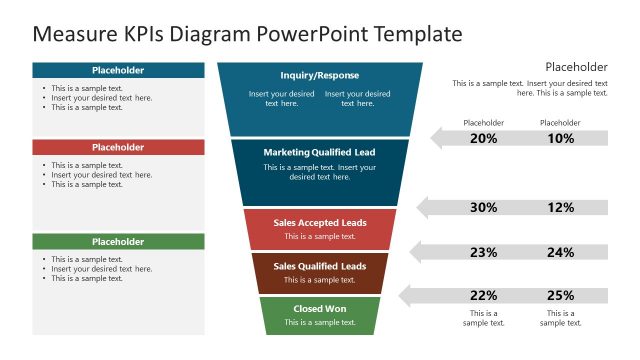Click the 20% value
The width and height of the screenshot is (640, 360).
pos(483,139)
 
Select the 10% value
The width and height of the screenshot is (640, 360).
pos(560,139)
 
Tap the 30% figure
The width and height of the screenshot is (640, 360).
pos(483,208)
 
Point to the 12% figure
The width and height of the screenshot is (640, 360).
pos(560,208)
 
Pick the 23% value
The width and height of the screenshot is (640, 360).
pos(483,253)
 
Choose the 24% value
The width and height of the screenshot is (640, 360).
pos(560,253)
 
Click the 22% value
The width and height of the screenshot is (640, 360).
pos(483,296)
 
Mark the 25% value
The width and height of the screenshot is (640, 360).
pos(560,296)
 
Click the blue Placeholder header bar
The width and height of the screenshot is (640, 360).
pos(118,70)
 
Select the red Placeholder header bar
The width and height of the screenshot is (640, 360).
pos(118,147)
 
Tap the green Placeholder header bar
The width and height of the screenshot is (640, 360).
pos(118,241)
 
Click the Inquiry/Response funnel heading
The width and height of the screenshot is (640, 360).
pos(320,75)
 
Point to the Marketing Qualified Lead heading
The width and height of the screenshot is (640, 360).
pos(320,152)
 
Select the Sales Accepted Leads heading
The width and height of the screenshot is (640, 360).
pos(320,222)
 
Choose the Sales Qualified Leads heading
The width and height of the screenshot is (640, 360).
pos(320,266)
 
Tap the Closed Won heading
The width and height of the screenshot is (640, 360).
pos(320,309)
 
